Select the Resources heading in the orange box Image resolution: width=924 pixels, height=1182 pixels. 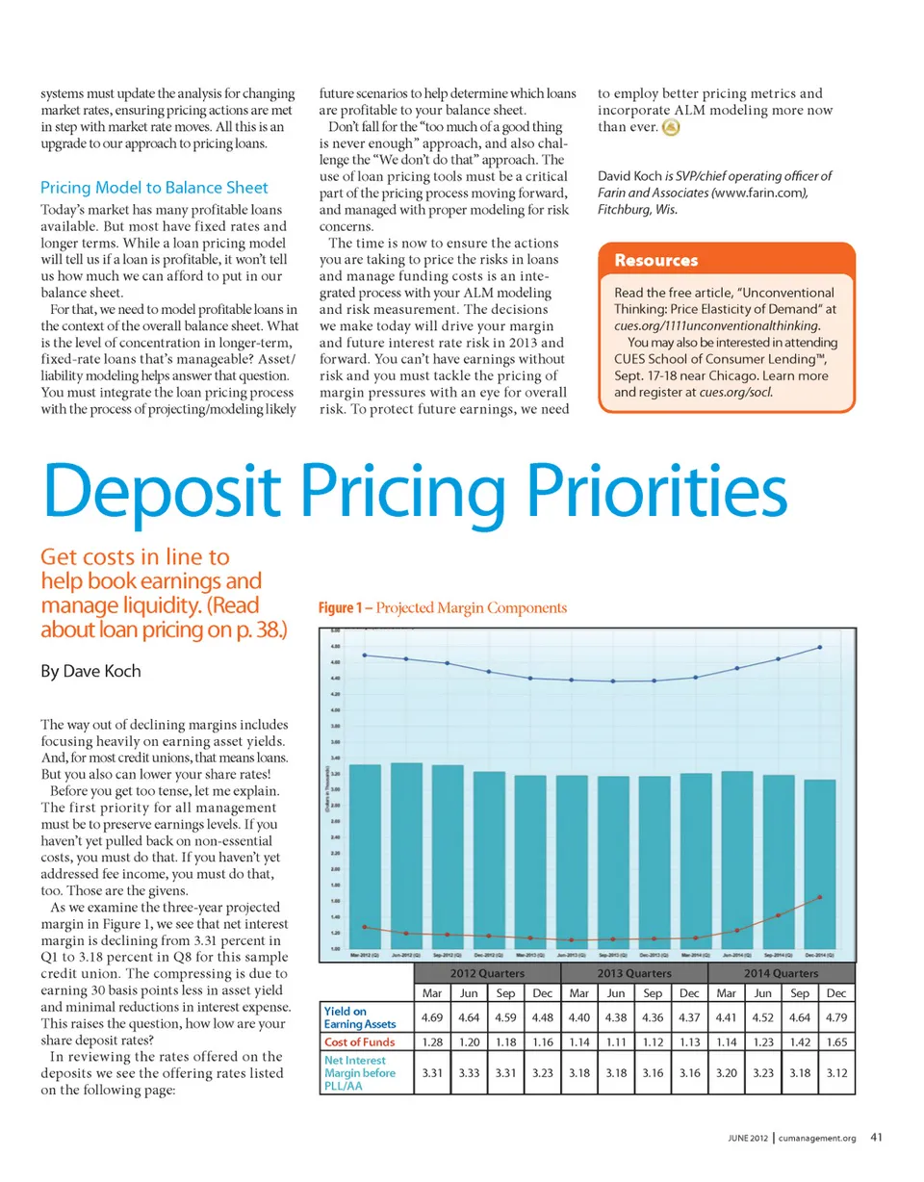click(656, 261)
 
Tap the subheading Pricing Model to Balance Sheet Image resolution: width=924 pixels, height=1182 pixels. click(154, 187)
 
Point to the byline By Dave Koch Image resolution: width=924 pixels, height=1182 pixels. click(92, 671)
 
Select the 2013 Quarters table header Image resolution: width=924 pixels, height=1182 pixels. click(633, 974)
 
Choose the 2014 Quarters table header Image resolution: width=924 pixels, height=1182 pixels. click(781, 974)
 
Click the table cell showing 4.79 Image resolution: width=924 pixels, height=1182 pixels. click(836, 1016)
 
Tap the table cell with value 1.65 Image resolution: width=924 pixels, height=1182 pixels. click(836, 1041)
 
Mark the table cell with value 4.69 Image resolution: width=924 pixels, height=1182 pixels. click(430, 1016)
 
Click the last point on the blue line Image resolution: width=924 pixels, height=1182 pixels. click(820, 647)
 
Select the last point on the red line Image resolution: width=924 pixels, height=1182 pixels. click(820, 896)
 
